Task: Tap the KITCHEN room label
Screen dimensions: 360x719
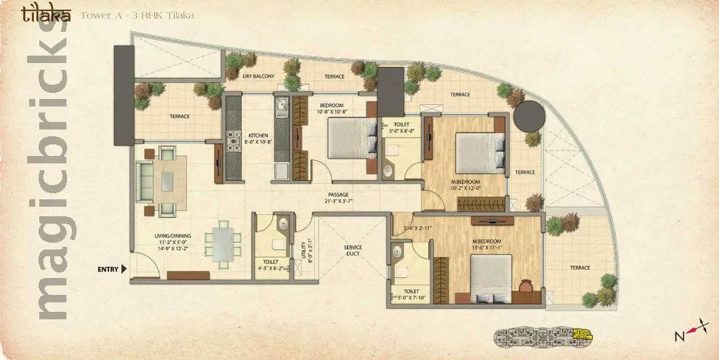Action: point(258,134)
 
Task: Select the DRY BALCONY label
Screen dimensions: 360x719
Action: point(258,77)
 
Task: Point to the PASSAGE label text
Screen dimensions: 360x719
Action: point(338,194)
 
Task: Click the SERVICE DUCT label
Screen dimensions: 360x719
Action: point(352,251)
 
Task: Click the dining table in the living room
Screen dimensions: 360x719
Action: point(223,242)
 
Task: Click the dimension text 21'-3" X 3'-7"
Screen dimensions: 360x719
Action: point(338,202)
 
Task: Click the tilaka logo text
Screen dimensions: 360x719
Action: point(45,14)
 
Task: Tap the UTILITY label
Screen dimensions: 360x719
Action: point(302,252)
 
